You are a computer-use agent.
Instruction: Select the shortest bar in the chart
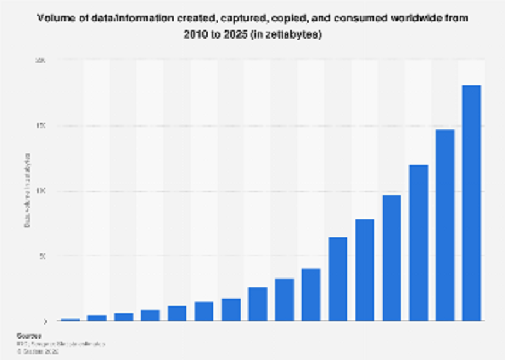(x=70, y=320)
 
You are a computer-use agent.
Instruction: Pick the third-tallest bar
(x=418, y=243)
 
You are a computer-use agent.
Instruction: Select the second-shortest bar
(x=97, y=318)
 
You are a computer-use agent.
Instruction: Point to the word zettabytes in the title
(x=293, y=35)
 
